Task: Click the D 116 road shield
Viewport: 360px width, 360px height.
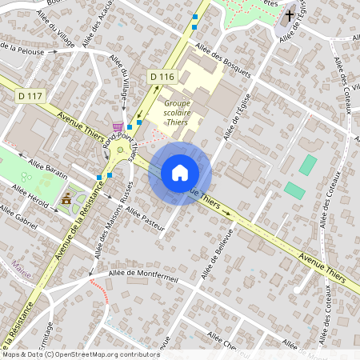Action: (162, 76)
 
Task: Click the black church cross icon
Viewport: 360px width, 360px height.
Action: (288, 15)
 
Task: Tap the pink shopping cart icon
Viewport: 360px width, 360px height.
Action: (118, 127)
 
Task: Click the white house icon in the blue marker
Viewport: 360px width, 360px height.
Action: (179, 172)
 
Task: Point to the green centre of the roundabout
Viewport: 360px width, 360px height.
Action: (120, 149)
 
